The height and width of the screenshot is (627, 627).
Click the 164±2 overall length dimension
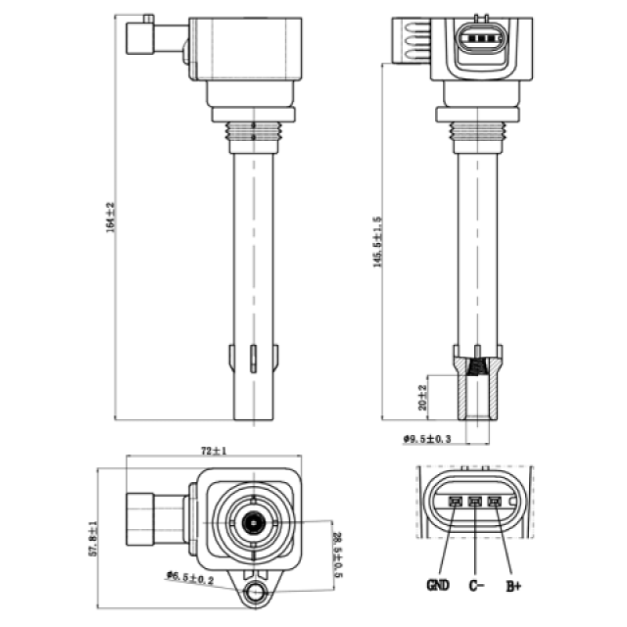[x=111, y=218]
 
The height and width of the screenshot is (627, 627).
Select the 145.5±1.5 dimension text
[x=378, y=242]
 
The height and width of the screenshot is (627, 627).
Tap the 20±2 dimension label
[x=422, y=397]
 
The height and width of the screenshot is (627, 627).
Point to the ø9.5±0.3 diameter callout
[x=427, y=439]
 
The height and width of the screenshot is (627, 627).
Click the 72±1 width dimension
[x=213, y=451]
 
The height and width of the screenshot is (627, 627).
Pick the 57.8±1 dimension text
[x=92, y=538]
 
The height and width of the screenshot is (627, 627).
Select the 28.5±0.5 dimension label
[x=338, y=555]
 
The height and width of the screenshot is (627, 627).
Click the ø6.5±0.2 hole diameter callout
[x=190, y=578]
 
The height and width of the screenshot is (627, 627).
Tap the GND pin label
[x=438, y=585]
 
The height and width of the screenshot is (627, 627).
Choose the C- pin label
[x=477, y=585]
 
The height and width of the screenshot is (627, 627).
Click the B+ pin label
[x=514, y=586]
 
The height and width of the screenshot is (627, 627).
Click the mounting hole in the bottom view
[x=255, y=593]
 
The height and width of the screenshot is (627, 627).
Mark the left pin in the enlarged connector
[x=455, y=501]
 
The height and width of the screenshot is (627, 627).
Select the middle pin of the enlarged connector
[x=475, y=501]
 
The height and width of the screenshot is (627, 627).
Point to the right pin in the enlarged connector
[x=495, y=501]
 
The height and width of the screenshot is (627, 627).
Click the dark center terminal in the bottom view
[x=253, y=522]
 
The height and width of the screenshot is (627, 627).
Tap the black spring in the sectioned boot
[x=478, y=368]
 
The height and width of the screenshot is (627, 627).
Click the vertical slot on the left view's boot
[x=253, y=358]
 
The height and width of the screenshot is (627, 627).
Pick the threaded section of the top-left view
[x=253, y=131]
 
